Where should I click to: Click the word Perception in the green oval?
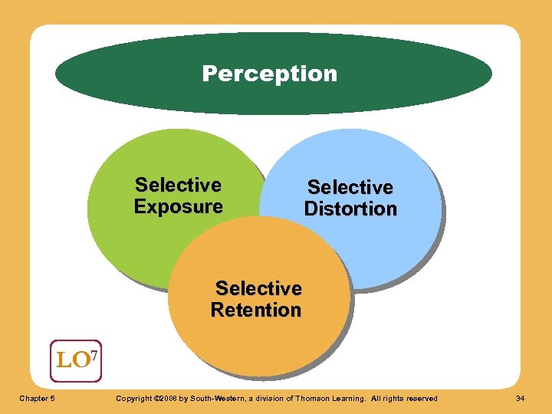pos(269,74)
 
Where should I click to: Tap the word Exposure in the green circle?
pos(178,207)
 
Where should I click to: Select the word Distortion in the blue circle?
pos(350,209)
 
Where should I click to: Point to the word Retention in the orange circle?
pos(256,310)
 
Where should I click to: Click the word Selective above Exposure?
pos(178,185)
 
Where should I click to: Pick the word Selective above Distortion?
pos(350,187)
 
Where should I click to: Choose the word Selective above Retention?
pos(258,288)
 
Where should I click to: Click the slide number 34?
pos(520,398)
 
